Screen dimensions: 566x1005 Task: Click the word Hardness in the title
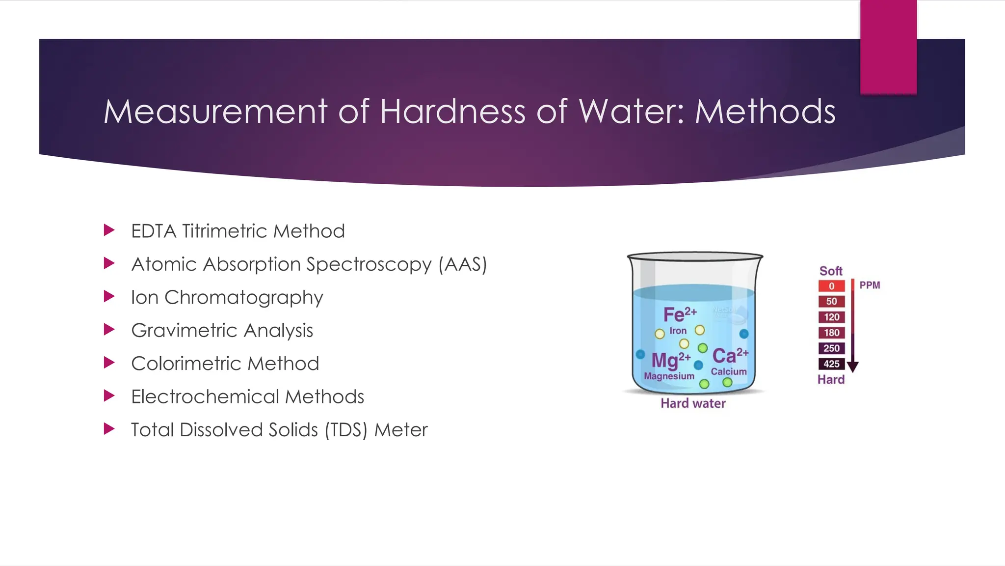pos(452,112)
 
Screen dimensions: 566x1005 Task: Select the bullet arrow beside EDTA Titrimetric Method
pos(109,230)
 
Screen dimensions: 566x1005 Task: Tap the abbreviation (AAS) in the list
pos(462,264)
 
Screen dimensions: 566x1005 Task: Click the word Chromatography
pos(243,298)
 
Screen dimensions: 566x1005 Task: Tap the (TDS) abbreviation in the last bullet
pos(345,430)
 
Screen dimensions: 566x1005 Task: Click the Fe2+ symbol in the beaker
pos(680,314)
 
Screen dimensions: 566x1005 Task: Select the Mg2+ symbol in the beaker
pos(670,360)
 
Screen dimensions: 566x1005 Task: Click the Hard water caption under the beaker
pos(693,403)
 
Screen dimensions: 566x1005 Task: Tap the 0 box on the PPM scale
pos(831,286)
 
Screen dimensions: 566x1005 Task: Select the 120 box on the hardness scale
pos(831,317)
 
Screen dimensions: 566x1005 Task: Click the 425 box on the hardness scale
pos(831,364)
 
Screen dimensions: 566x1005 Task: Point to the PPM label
pos(870,285)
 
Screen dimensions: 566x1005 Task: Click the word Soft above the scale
pos(831,271)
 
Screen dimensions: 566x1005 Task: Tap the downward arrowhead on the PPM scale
pos(853,367)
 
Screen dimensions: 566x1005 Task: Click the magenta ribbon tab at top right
pos(888,47)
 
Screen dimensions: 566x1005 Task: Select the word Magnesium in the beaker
pos(669,376)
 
